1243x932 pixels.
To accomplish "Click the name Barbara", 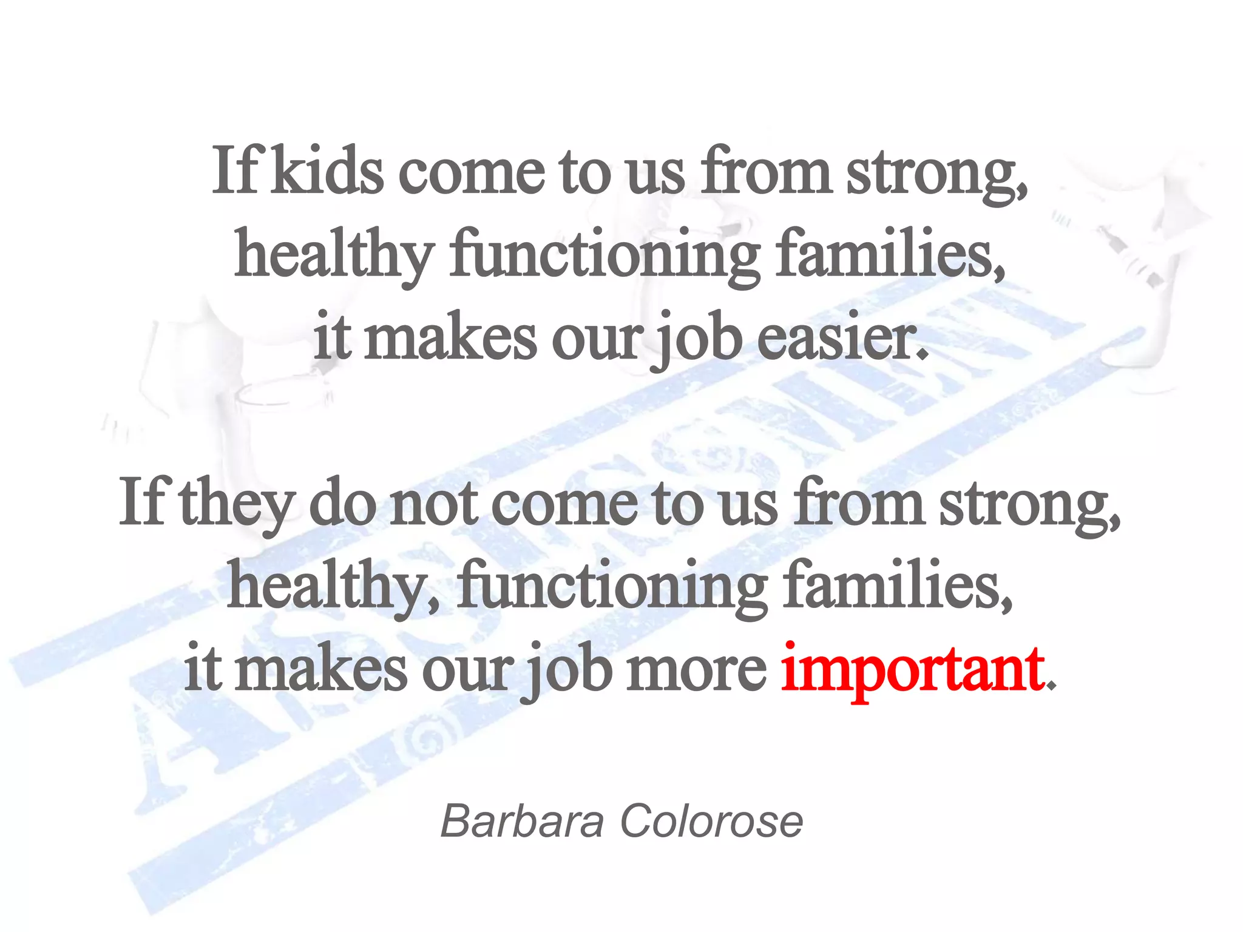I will tap(522, 822).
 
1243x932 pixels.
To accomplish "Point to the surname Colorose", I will tap(711, 822).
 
